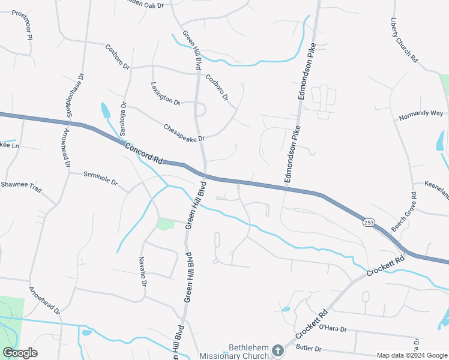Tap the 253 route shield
[369, 223]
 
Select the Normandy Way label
[422, 113]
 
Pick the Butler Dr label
[309, 348]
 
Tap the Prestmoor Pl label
[20, 24]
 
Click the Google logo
[20, 353]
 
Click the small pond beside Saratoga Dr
[106, 110]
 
